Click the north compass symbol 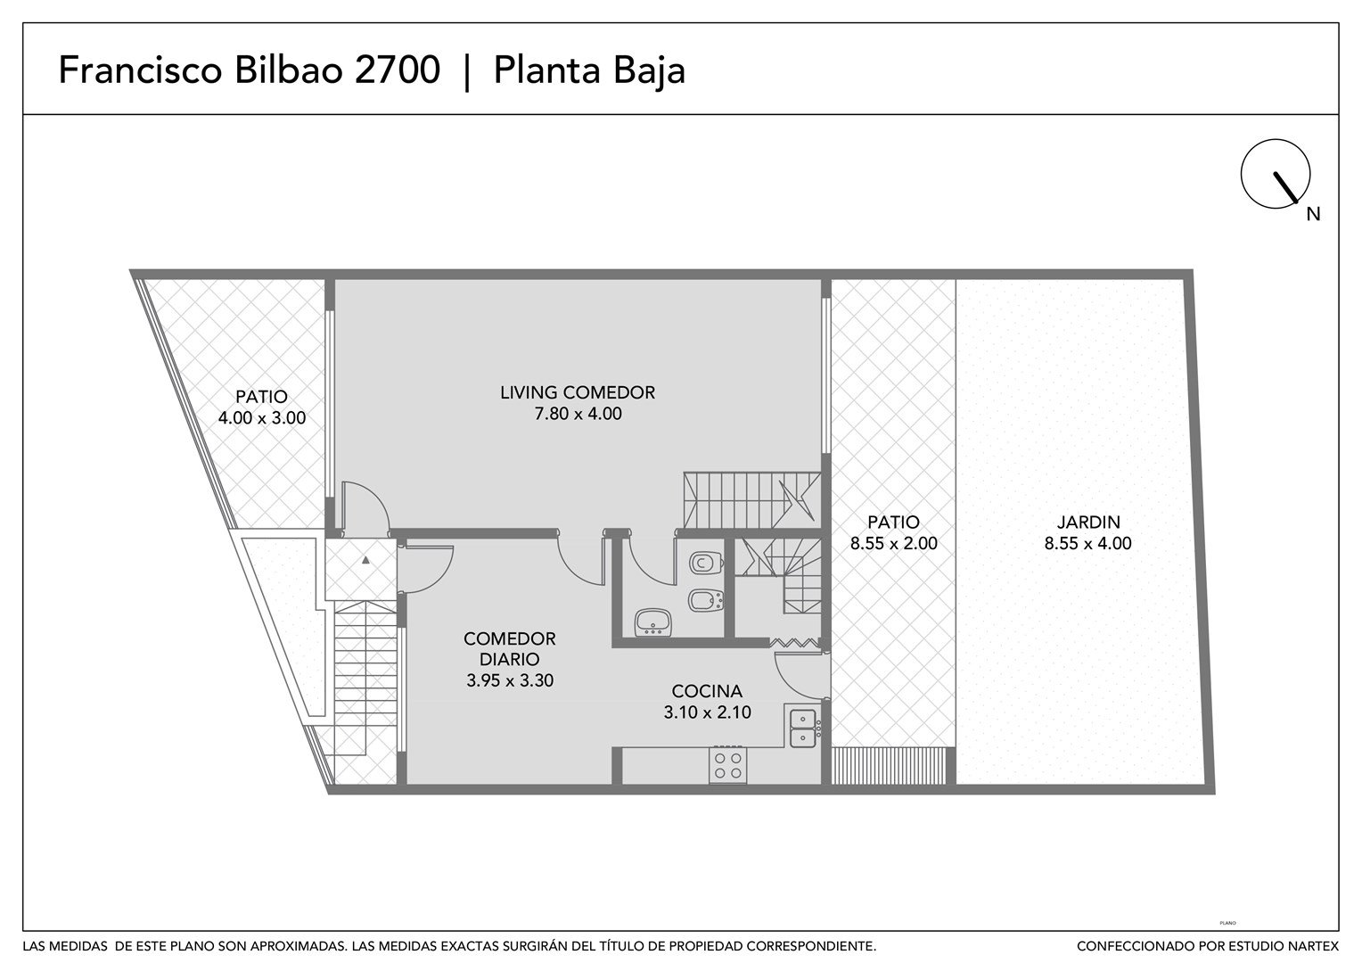tap(1275, 174)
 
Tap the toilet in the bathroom tap(707, 563)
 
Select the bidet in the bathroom tap(706, 601)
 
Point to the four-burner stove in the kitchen tap(728, 765)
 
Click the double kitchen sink tap(802, 728)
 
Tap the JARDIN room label tap(1087, 522)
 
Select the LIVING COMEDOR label tap(578, 392)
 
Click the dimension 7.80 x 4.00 tap(578, 414)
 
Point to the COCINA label tap(707, 691)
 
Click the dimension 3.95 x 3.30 tap(510, 680)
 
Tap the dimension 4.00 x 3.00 tap(261, 418)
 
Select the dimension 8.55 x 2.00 tap(893, 543)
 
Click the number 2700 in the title tap(397, 70)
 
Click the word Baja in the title tap(649, 70)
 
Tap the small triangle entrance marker tap(365, 560)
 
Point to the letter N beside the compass tap(1313, 214)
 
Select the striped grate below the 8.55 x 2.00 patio tap(889, 766)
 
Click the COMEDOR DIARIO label tap(510, 648)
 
